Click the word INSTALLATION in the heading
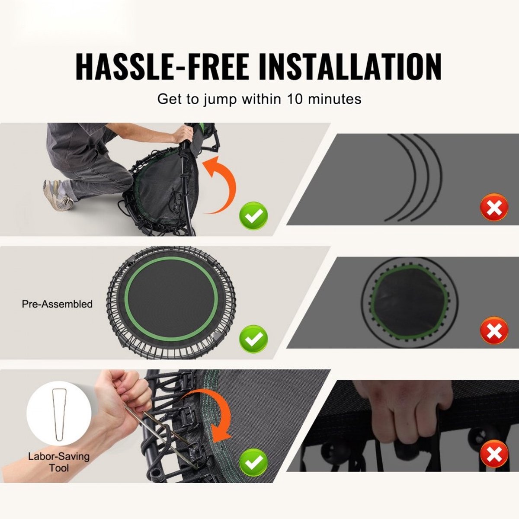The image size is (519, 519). (x=350, y=67)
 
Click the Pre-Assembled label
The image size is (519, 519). (x=57, y=304)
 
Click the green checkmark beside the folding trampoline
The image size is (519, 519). (x=253, y=216)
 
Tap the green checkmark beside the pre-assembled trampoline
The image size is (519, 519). (x=253, y=339)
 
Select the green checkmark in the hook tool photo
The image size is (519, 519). (x=253, y=462)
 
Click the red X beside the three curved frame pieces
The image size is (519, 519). (x=494, y=208)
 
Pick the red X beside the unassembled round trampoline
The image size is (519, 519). (x=494, y=330)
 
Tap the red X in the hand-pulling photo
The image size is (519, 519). (x=494, y=454)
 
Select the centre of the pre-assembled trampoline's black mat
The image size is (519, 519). (x=172, y=299)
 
